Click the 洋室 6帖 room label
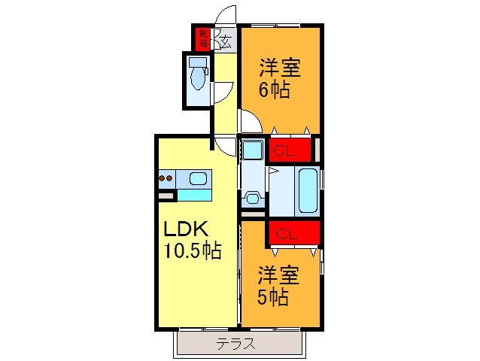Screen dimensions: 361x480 click(280, 78)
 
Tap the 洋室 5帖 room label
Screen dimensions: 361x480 click(279, 286)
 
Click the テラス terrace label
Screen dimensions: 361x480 click(236, 344)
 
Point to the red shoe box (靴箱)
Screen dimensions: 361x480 click(203, 38)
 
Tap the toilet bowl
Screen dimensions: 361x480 click(198, 77)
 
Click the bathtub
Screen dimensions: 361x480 click(308, 190)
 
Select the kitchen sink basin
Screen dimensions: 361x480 click(198, 179)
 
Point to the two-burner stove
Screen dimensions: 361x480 click(166, 179)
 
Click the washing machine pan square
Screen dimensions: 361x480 click(251, 150)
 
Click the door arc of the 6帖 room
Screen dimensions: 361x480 click(250, 120)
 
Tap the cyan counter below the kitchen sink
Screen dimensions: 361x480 click(193, 195)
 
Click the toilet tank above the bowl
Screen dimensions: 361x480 click(197, 62)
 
